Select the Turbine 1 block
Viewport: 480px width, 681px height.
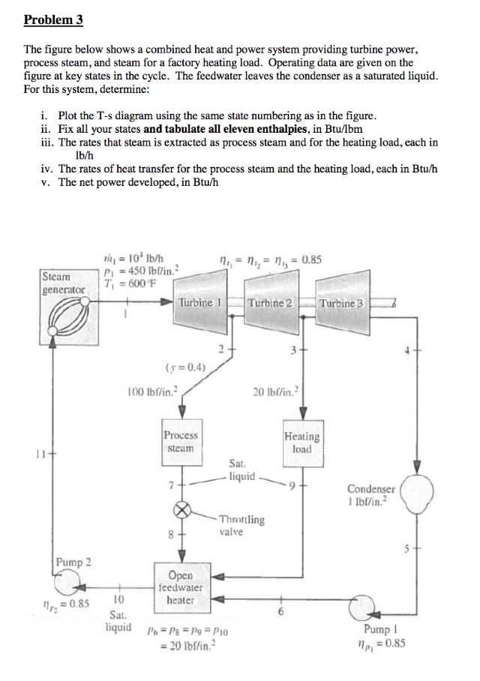tap(197, 302)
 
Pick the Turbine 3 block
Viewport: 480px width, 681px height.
tap(342, 302)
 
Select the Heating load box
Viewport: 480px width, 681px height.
tap(302, 442)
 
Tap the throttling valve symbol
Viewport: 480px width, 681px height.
tap(181, 510)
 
